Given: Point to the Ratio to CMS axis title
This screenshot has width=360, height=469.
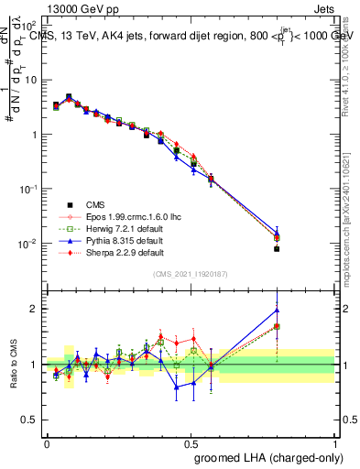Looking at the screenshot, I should [x=13, y=365].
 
